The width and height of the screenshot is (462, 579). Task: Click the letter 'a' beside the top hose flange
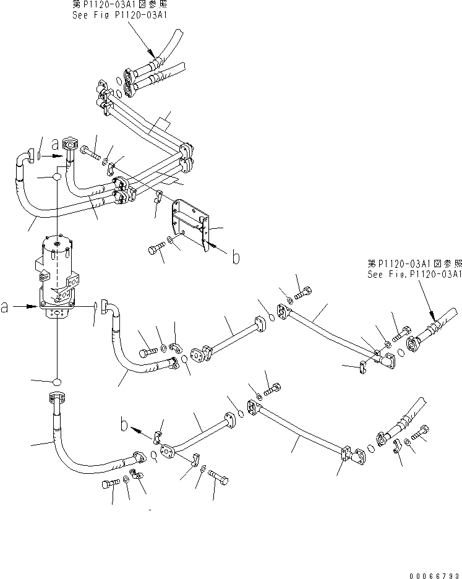point(55,145)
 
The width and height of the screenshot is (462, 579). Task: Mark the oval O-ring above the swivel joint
point(56,178)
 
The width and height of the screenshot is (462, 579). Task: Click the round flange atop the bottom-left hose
point(56,397)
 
